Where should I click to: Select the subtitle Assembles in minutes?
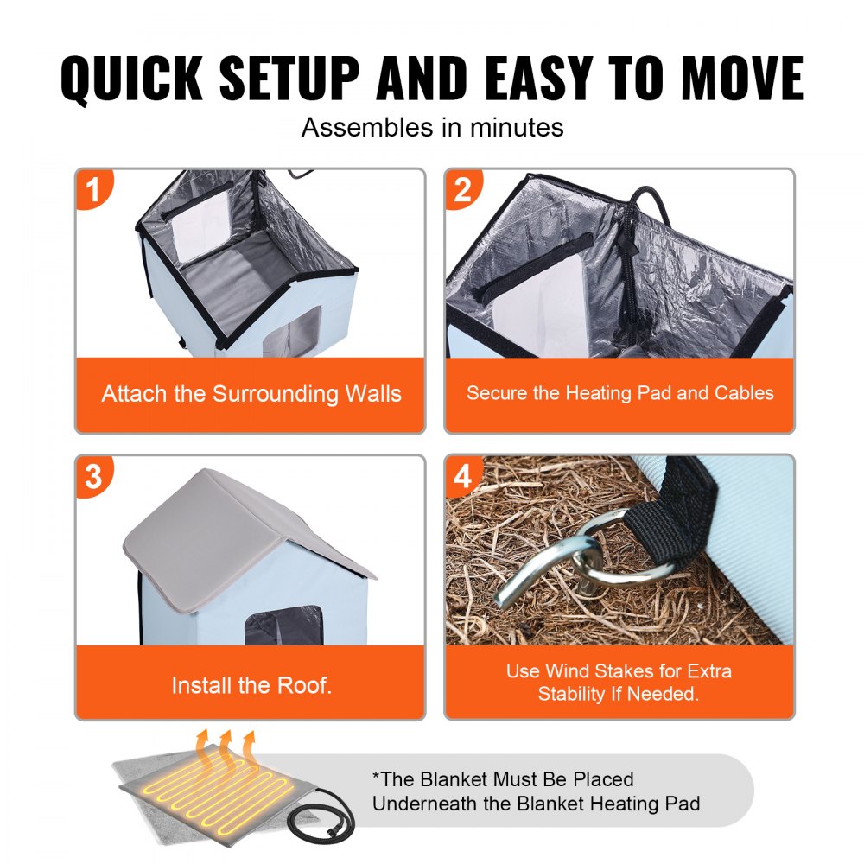tap(432, 128)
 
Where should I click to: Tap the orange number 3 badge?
tap(94, 476)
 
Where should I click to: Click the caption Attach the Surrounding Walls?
tap(251, 395)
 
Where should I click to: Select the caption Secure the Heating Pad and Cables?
tap(619, 394)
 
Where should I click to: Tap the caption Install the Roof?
tap(251, 686)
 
